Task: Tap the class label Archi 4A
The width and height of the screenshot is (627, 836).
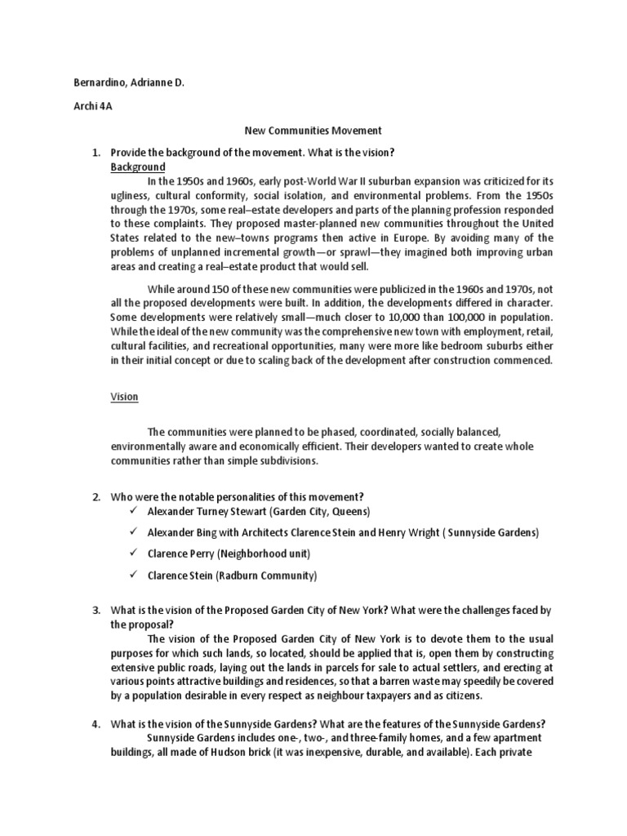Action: [89, 106]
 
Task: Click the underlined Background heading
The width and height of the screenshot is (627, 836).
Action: [138, 167]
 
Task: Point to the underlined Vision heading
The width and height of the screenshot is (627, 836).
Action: [125, 397]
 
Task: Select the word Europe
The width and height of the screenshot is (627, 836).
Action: [371, 238]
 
